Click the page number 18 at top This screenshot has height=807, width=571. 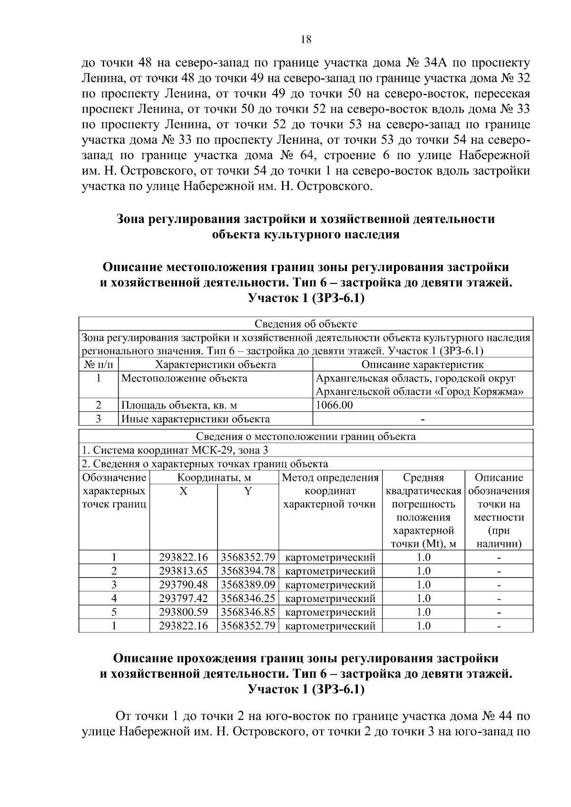[306, 40]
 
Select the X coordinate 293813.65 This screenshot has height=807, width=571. [184, 571]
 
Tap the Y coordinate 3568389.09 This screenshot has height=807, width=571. [248, 584]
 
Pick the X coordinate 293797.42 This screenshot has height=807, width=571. [184, 598]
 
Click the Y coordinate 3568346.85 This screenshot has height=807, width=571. [248, 612]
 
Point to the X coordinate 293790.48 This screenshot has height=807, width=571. [184, 584]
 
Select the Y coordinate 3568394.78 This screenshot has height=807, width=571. [248, 571]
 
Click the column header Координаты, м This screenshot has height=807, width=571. [214, 477]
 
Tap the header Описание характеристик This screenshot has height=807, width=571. [423, 365]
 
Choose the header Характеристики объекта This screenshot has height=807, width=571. [216, 365]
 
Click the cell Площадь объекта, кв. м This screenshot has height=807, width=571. [179, 405]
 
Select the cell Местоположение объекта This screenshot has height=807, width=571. [185, 379]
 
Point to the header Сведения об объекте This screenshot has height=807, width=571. [305, 324]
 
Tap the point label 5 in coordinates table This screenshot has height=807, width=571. [114, 612]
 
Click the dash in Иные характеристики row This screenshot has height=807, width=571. [423, 419]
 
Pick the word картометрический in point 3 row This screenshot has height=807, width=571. [330, 584]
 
